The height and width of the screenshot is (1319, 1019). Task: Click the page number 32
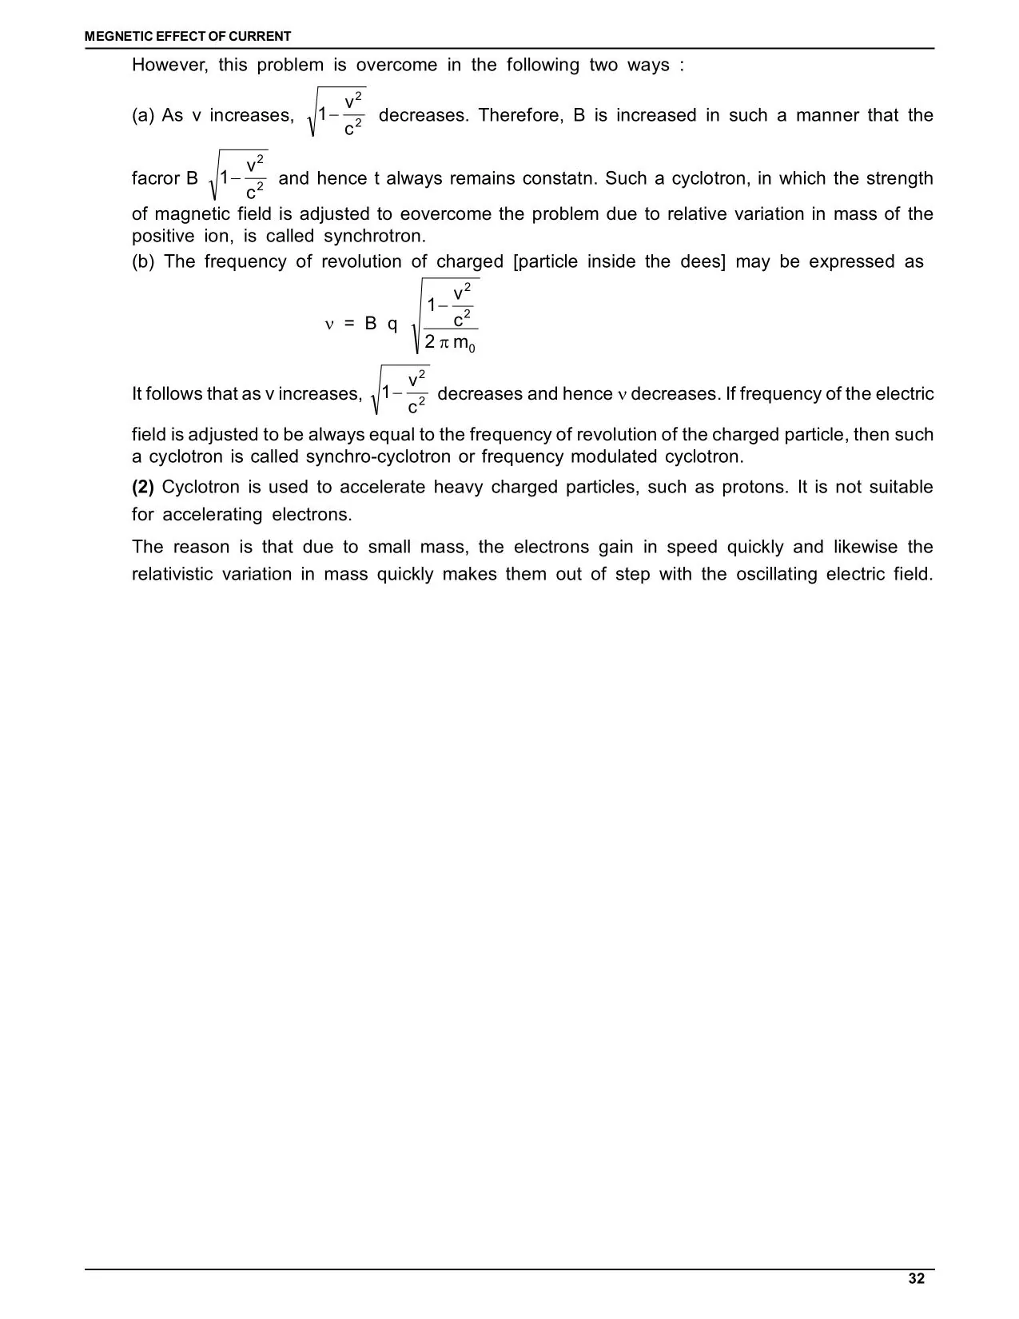916,1279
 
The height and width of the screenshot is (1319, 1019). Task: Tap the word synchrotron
374,237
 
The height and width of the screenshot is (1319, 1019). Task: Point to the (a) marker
143,116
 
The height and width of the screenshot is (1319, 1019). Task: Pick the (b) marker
143,262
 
